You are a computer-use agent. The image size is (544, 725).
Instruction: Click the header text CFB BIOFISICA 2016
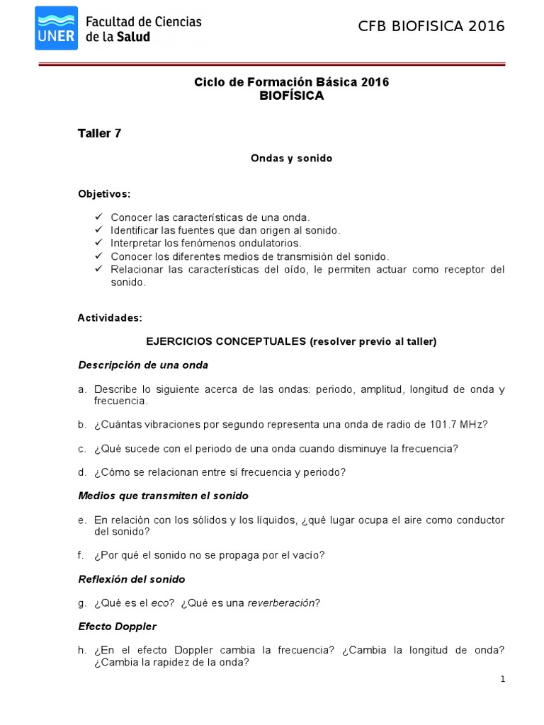point(431,27)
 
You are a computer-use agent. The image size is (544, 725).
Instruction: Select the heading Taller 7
point(99,133)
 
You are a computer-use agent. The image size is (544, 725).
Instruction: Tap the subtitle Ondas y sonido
point(291,159)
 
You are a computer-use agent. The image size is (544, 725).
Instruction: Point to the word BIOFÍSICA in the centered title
point(292,96)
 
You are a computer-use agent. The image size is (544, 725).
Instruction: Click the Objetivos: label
point(104,193)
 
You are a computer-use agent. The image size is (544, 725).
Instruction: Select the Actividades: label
point(110,318)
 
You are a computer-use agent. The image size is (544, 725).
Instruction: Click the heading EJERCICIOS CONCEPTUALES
point(225,341)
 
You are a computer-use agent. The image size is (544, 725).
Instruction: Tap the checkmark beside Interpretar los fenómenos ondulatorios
point(98,243)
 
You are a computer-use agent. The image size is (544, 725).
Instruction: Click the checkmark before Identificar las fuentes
point(98,230)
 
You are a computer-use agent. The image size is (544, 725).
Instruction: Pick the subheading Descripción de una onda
point(142,365)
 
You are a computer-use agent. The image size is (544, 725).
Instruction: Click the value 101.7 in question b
point(443,424)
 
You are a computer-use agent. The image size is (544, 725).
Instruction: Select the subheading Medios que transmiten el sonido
point(163,496)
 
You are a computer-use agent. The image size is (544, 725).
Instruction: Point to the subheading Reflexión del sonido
point(131,579)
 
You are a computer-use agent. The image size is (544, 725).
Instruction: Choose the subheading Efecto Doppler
point(117,627)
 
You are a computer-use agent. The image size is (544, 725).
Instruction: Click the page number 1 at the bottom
point(502,680)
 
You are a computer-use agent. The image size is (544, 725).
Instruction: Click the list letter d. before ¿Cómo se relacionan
point(82,472)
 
